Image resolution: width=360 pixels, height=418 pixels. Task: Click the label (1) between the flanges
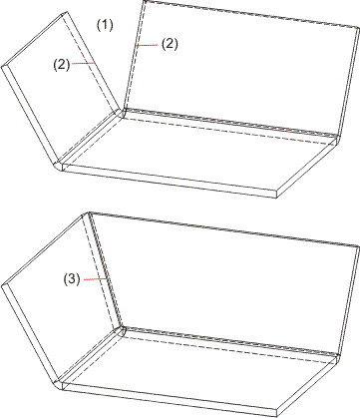point(105,25)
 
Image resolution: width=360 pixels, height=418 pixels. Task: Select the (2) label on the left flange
point(62,65)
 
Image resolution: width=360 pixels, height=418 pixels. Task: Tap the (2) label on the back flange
point(170,45)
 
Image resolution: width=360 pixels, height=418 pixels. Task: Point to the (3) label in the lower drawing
point(72,279)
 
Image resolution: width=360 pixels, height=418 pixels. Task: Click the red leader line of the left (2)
point(84,63)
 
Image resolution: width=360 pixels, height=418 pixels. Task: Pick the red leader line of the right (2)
point(148,45)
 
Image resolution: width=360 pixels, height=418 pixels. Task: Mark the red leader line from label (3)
point(95,279)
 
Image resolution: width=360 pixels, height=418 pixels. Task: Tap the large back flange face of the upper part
point(239,68)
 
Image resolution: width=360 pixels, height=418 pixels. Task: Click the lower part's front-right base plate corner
point(277,416)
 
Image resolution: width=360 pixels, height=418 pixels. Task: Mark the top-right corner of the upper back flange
point(358,29)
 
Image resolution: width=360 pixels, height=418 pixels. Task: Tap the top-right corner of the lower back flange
point(359,246)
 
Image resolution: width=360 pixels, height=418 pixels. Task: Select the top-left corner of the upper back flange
point(145,1)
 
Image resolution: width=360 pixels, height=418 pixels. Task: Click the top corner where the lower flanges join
point(89,212)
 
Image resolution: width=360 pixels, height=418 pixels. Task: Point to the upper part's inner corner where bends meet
point(122,111)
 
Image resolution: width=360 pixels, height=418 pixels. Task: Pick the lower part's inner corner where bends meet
point(122,329)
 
